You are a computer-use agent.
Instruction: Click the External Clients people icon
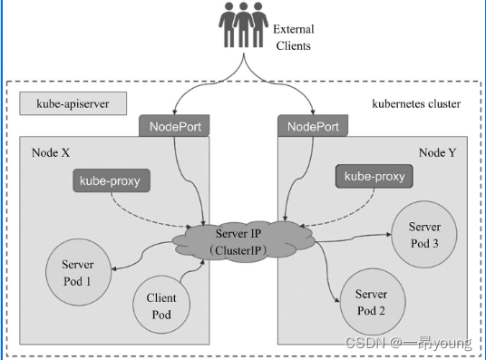point(243,26)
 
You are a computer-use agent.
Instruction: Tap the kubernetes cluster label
point(416,104)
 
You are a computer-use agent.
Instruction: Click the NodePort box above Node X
point(175,126)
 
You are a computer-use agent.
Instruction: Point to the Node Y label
point(439,153)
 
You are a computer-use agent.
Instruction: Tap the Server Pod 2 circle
point(370,302)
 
